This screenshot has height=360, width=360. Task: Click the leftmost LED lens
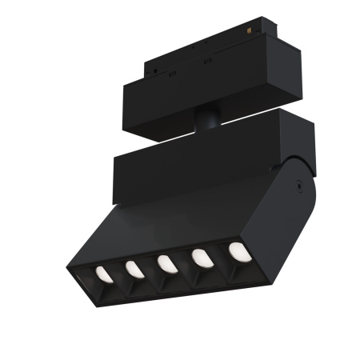[x=102, y=275]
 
